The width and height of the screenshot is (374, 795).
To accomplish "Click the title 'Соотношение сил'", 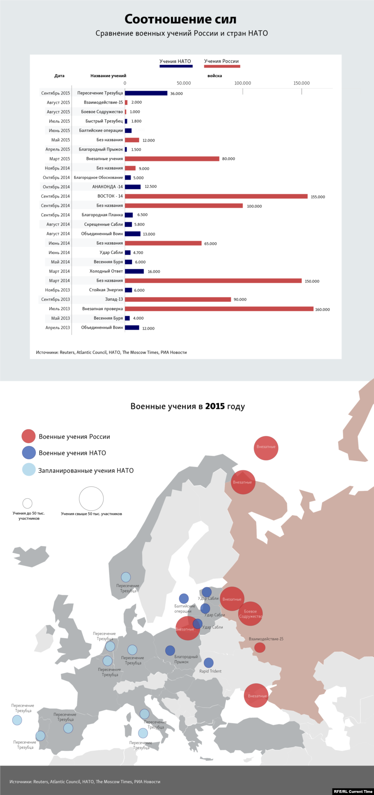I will [180, 19].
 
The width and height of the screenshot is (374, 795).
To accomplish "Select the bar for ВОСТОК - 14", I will [216, 196].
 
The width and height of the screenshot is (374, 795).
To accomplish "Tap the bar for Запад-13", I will [178, 300].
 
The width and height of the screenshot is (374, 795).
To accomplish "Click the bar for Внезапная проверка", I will [219, 309].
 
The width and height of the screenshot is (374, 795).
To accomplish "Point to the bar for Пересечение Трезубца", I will [146, 93].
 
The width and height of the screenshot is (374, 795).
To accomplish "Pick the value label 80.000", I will [229, 159].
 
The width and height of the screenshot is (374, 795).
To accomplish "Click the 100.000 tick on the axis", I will [243, 83].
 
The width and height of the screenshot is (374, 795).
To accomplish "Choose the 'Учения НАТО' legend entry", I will [175, 61].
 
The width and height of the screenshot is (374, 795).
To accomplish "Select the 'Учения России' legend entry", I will [222, 61].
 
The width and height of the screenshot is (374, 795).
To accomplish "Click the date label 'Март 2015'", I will [60, 159].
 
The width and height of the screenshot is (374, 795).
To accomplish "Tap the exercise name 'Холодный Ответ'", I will [106, 271].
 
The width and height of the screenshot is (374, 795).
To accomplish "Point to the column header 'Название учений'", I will [108, 76].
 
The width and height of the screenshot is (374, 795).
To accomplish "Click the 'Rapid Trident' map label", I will [210, 671].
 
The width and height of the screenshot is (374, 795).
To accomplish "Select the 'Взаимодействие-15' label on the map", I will [266, 639].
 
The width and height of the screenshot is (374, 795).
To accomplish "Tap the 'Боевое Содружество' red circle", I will [250, 614].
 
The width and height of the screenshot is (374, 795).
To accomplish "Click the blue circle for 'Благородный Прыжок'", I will [170, 651].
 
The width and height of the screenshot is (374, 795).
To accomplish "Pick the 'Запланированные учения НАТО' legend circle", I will [29, 469].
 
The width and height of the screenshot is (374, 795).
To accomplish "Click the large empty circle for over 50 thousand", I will [91, 498].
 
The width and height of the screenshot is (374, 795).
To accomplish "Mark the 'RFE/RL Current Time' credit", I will [353, 791].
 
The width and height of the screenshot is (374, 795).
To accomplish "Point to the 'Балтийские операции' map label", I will [184, 609].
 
